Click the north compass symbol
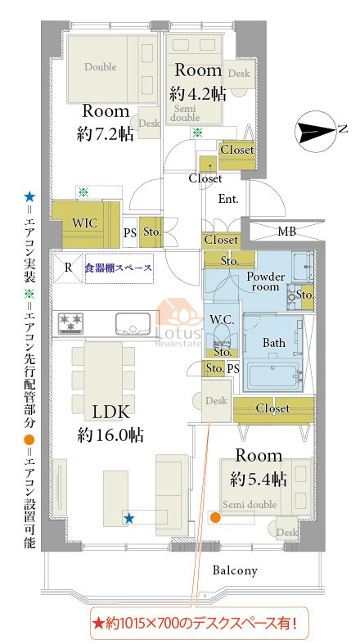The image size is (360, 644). point(316,132)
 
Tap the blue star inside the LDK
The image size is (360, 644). point(129,518)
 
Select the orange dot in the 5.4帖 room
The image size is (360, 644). point(214,517)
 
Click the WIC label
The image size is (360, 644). point(84,223)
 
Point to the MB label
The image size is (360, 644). point(286,232)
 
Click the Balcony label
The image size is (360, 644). point(235,570)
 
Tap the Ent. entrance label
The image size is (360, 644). point(228,200)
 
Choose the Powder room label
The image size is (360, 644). point(265,281)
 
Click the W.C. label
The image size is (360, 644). point(222,321)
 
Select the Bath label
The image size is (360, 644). point(274,343)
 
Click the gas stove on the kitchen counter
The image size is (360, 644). point(70,323)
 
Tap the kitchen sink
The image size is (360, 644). point(133,324)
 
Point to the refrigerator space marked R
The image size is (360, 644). point(68,268)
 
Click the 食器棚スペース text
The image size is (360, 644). point(119,268)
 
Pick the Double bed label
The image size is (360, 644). point(101,66)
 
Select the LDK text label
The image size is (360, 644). point(111,412)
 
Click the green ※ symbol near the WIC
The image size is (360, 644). point(83,191)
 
